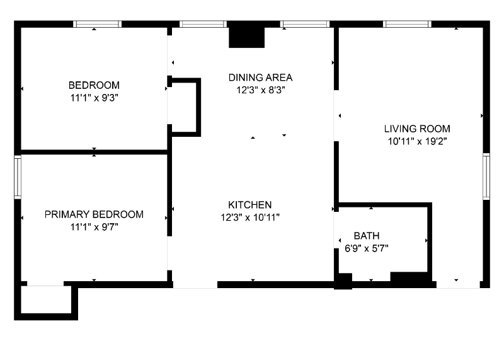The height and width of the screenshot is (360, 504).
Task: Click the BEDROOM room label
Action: click(x=94, y=85)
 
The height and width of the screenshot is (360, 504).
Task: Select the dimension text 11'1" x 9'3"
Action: click(x=94, y=97)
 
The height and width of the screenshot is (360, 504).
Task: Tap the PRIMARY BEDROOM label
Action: click(x=94, y=214)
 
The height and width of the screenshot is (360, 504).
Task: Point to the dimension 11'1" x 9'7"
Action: click(x=94, y=226)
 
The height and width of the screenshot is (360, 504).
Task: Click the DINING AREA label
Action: click(x=260, y=78)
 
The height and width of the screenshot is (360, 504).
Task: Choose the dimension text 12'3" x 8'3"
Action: click(x=260, y=90)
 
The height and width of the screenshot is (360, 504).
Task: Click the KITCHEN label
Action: click(x=250, y=205)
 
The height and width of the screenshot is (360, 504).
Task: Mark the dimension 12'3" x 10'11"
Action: click(x=250, y=217)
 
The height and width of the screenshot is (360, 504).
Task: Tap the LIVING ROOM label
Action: click(x=417, y=129)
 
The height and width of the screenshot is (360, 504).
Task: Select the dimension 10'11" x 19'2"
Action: click(x=417, y=141)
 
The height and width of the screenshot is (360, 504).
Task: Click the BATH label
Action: click(x=366, y=236)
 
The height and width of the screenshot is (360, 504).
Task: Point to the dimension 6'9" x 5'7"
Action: click(x=366, y=248)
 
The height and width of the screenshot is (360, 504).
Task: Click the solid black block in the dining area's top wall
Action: click(x=248, y=36)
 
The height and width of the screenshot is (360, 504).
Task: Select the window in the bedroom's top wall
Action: click(x=97, y=25)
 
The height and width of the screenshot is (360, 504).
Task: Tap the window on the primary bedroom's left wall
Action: click(x=18, y=177)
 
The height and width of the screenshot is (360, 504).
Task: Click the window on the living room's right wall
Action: click(x=486, y=177)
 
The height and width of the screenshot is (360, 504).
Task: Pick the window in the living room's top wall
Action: click(x=407, y=25)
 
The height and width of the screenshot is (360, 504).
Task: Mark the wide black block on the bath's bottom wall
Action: click(x=409, y=277)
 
